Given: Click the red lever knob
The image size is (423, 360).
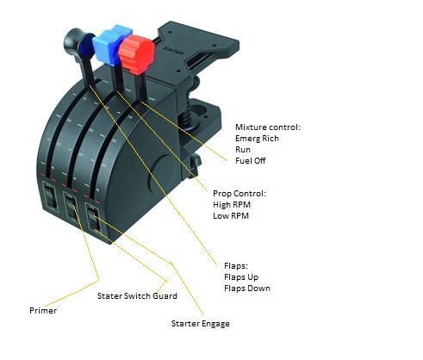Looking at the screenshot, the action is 136,54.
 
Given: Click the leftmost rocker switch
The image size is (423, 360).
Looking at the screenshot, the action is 51,197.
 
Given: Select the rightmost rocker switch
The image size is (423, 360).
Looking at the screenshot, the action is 94,220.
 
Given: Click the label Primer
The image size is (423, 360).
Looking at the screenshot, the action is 43,311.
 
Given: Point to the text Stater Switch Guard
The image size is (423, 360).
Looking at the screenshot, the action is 137,296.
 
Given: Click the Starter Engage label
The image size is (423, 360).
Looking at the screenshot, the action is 201,324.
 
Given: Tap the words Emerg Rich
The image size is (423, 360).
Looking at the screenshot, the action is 257,139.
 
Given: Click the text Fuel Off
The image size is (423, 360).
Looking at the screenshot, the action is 250,161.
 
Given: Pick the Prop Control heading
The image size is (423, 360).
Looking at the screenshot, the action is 239,194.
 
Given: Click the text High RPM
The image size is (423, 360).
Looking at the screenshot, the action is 232,205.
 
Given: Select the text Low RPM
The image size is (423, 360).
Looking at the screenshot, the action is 231,216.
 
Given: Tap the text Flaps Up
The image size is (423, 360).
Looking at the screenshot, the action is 241,277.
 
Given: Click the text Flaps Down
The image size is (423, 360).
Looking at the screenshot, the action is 247,289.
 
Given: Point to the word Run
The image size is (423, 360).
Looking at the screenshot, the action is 243,150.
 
